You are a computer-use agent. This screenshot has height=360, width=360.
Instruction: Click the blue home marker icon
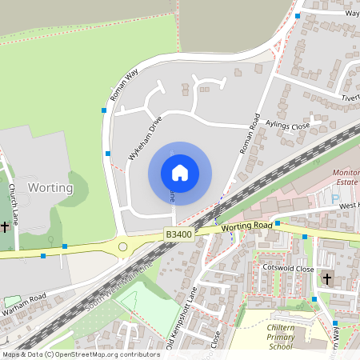[x=180, y=173]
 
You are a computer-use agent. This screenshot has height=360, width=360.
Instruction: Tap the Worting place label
[x=50, y=188]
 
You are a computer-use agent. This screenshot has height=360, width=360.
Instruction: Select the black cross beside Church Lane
[x=5, y=227]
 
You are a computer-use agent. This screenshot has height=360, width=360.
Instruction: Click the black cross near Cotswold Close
[x=327, y=279]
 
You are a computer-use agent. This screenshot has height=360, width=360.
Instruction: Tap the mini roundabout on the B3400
[x=122, y=247]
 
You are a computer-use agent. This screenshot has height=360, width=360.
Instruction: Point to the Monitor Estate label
[x=346, y=177]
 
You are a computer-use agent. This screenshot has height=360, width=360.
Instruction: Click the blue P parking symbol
[x=335, y=198]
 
